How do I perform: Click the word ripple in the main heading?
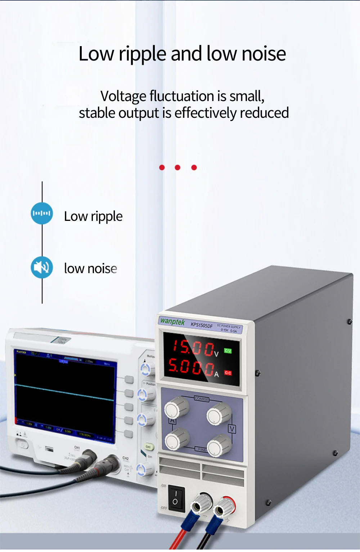(142, 54)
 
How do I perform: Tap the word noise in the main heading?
(264, 54)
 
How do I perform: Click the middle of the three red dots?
(177, 168)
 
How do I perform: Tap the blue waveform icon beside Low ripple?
(42, 213)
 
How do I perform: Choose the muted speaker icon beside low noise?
(42, 267)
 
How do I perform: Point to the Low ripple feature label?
(93, 216)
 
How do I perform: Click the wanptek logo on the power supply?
(172, 321)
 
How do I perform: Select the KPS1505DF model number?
(202, 325)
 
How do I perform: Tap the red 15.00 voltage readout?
(193, 348)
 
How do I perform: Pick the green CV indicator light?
(228, 351)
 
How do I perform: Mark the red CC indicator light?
(228, 373)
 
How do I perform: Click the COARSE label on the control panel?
(201, 399)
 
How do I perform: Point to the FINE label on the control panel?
(202, 449)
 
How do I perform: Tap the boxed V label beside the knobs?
(232, 429)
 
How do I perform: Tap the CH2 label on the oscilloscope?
(125, 458)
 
